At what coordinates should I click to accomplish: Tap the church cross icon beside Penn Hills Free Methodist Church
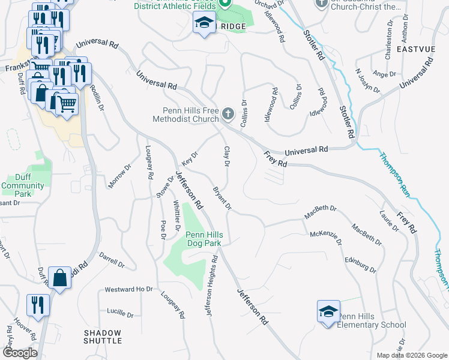coord(228,113)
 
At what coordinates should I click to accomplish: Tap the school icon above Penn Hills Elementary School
coord(328,311)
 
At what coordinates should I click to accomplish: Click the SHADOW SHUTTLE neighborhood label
coord(103,337)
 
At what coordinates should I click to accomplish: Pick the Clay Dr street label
coord(228,157)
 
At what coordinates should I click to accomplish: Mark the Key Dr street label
coord(190,161)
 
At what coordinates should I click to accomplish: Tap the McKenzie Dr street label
coord(325,238)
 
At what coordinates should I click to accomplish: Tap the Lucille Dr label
coord(120,313)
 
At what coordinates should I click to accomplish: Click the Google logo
coord(19,353)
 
